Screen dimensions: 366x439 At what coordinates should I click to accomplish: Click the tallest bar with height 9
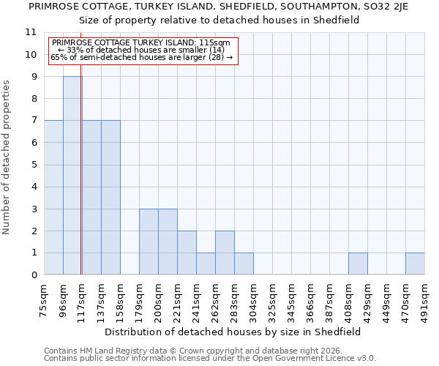(x=72, y=176)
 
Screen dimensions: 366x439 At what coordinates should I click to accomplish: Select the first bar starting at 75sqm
(x=53, y=198)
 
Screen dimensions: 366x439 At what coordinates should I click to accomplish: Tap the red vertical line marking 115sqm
(x=80, y=161)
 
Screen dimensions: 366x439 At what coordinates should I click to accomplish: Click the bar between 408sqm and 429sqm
(x=358, y=264)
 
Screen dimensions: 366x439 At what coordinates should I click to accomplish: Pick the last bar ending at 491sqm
(x=415, y=264)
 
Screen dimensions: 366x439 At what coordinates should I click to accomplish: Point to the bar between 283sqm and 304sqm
(x=244, y=264)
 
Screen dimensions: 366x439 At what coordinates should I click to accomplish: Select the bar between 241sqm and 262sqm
(x=206, y=264)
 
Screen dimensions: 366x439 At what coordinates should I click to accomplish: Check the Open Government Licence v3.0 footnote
(x=209, y=359)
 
